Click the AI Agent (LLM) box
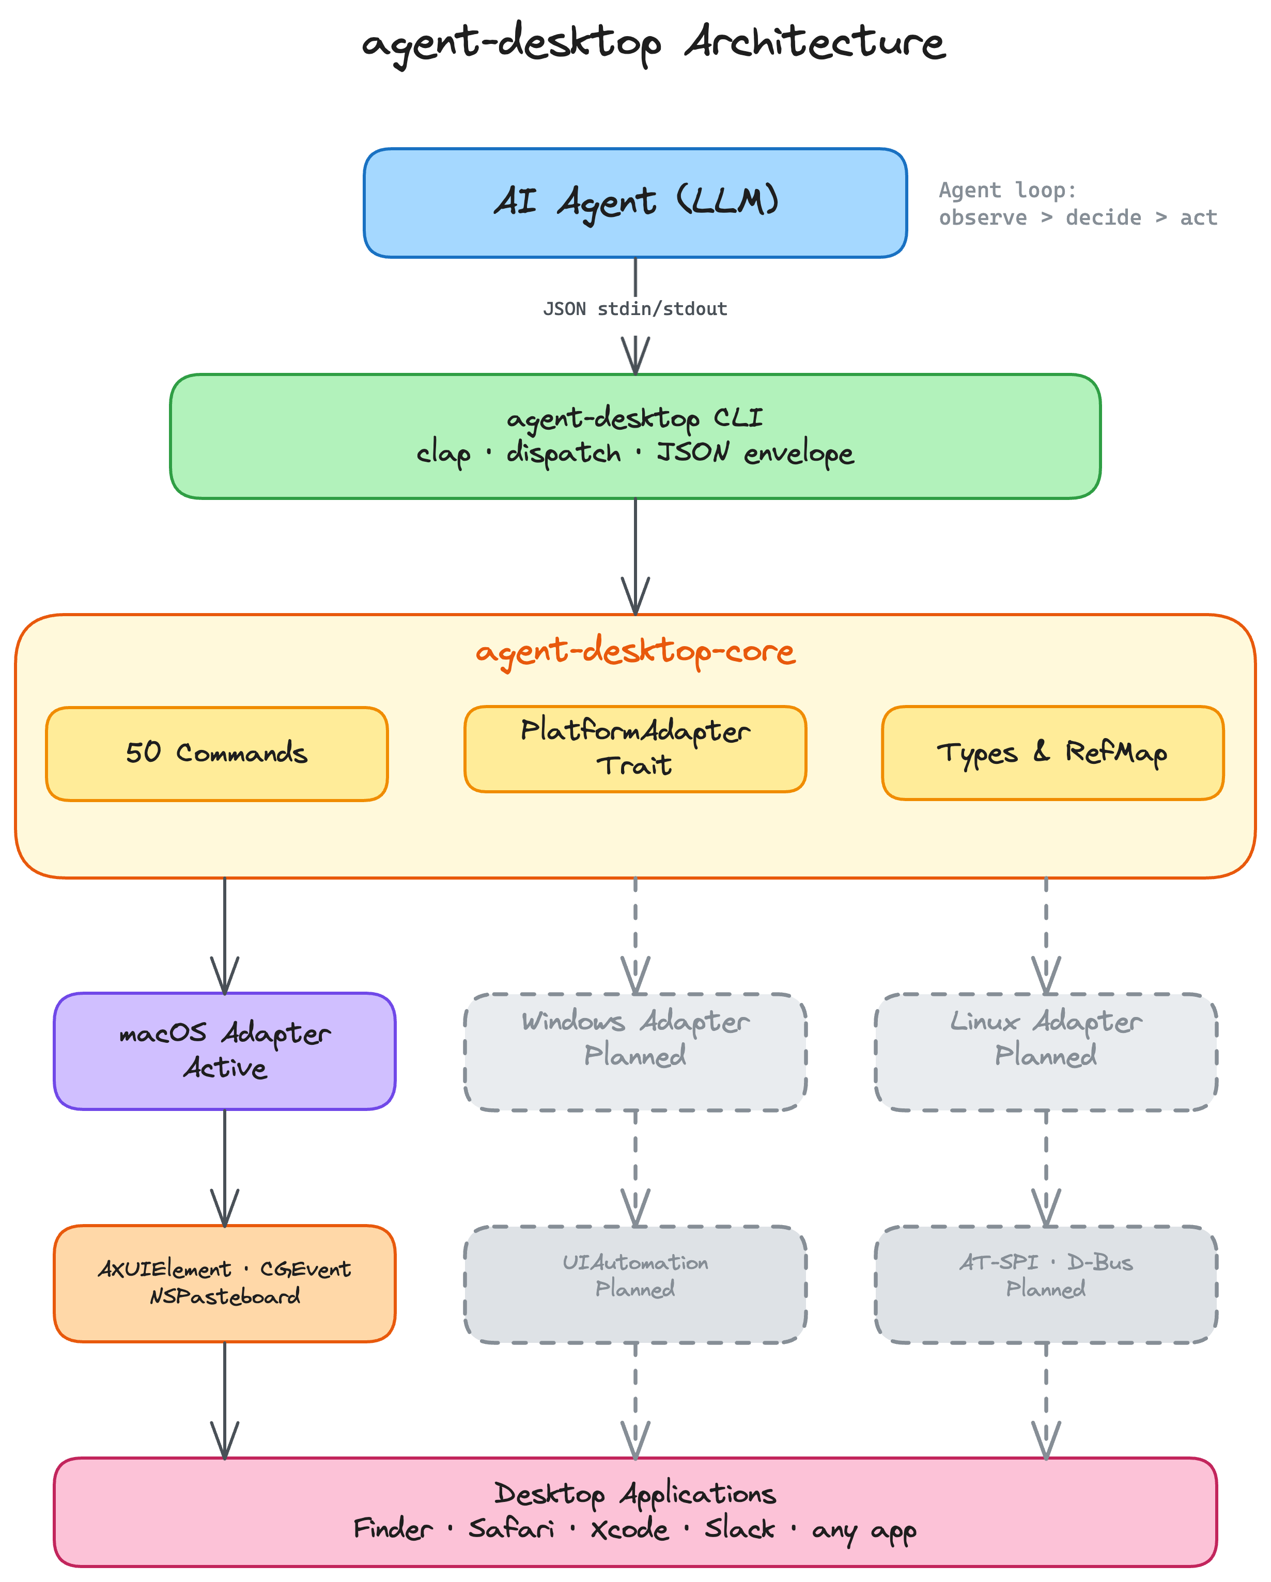635,202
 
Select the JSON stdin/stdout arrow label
635,309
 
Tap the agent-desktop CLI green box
635,436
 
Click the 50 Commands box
216,754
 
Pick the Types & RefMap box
1052,753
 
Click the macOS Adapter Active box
225,1051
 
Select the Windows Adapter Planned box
635,1052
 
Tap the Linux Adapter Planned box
1046,1052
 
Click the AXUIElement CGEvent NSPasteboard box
225,1283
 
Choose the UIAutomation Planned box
635,1284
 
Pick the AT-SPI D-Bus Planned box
1046,1284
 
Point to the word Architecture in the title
815,42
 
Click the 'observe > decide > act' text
1077,218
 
